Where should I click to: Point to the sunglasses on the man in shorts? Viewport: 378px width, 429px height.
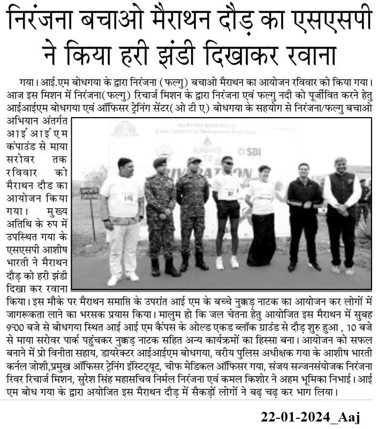click(228, 164)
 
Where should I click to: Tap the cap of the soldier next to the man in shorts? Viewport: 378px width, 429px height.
click(194, 160)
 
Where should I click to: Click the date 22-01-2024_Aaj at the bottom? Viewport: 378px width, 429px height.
click(311, 417)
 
